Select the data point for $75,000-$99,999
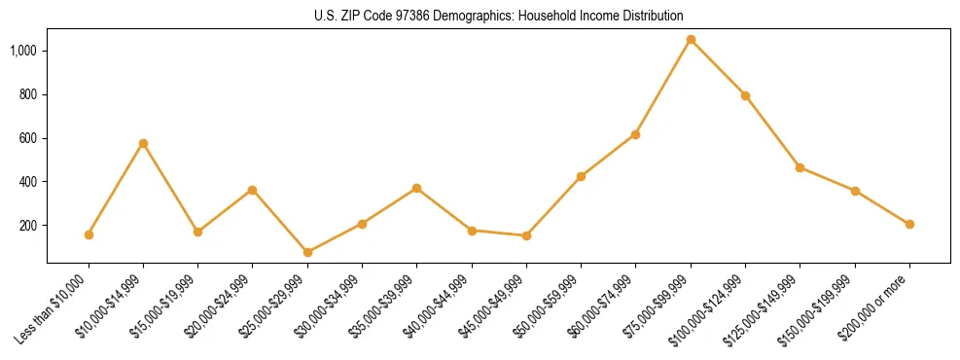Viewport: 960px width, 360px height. [x=691, y=40]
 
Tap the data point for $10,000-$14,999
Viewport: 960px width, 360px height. [x=143, y=143]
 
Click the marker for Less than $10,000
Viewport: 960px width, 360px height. [x=89, y=234]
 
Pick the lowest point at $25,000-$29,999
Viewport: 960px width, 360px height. [x=307, y=252]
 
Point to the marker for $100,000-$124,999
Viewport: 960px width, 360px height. [x=745, y=95]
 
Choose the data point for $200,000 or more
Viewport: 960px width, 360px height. [x=909, y=224]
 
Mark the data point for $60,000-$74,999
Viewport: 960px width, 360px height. [x=635, y=134]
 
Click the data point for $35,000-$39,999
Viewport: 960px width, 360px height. [x=416, y=188]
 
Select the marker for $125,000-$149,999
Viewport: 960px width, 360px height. [x=800, y=167]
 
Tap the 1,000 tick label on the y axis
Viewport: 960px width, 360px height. [x=23, y=51]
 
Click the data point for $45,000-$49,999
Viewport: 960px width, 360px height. [x=526, y=235]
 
